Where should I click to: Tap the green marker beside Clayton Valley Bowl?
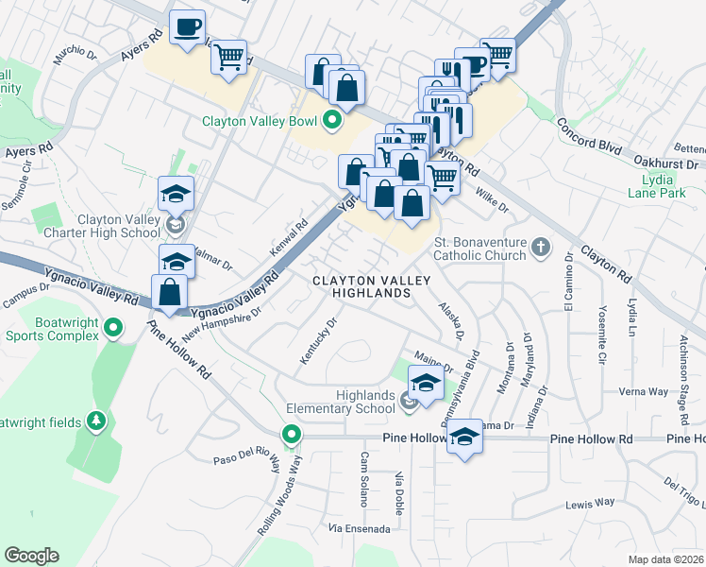pyautogui.click(x=332, y=120)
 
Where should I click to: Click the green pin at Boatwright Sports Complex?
pyautogui.click(x=113, y=328)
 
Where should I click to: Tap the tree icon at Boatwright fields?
pyautogui.click(x=95, y=420)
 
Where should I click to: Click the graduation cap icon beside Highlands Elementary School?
pyautogui.click(x=426, y=383)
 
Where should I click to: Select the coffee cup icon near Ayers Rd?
pyautogui.click(x=186, y=25)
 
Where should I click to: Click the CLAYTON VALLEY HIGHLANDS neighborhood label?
pyautogui.click(x=372, y=287)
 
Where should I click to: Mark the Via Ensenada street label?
pyautogui.click(x=359, y=527)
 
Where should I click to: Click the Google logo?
pyautogui.click(x=32, y=555)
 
